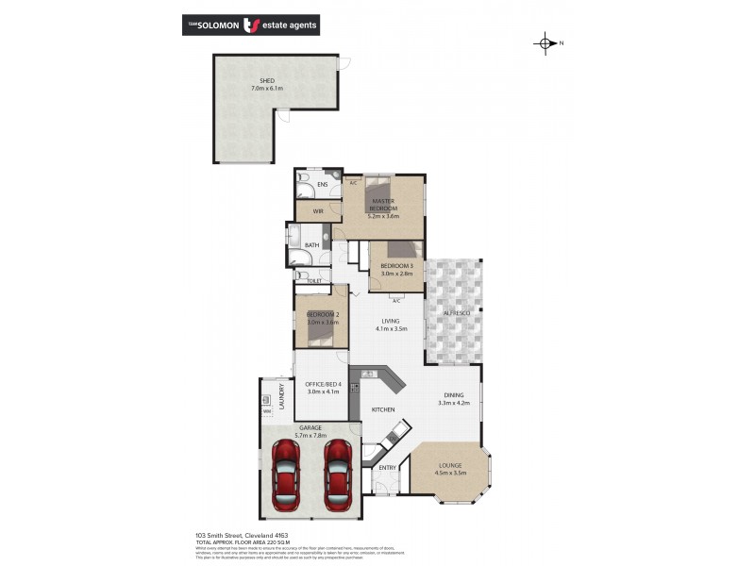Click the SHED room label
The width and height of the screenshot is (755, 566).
click(x=266, y=81)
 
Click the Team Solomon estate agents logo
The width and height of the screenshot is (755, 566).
click(x=250, y=25)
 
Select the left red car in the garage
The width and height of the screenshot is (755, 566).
click(x=286, y=474)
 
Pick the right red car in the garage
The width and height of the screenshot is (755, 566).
click(x=337, y=474)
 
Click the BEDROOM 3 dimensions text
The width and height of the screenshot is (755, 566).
click(x=396, y=274)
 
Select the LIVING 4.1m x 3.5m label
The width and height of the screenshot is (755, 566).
click(x=390, y=325)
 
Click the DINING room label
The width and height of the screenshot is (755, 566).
click(x=454, y=398)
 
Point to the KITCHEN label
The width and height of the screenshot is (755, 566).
click(x=382, y=410)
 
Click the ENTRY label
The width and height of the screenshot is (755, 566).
click(x=388, y=468)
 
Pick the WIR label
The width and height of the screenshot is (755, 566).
click(x=305, y=211)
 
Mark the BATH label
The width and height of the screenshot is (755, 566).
click(x=310, y=245)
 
